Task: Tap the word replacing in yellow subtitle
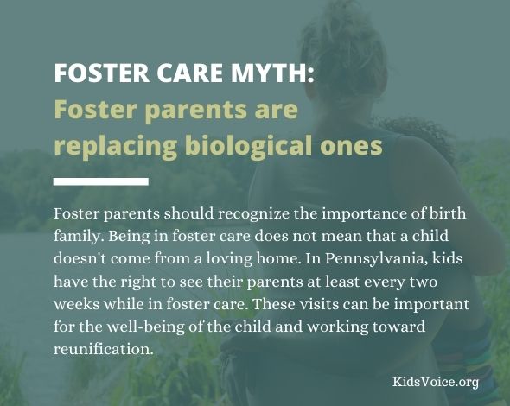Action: tap(115, 146)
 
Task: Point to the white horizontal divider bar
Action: tap(101, 181)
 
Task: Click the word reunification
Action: tap(103, 349)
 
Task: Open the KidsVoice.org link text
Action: tap(436, 382)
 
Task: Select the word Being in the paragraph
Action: tap(129, 237)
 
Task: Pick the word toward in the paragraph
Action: tap(398, 327)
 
